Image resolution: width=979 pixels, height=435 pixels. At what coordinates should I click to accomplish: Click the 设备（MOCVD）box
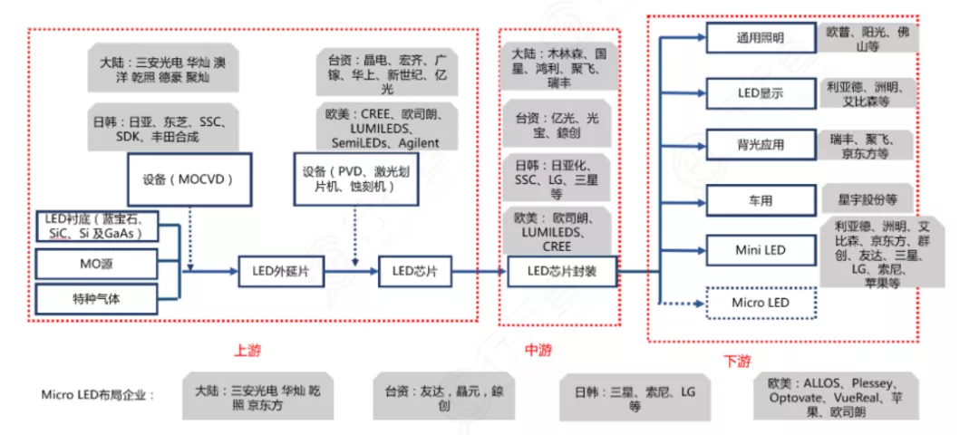pos(188,179)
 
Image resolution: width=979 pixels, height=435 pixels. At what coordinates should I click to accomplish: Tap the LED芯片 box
pos(413,270)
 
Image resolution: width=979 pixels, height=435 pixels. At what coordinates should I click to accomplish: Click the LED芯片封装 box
pos(560,270)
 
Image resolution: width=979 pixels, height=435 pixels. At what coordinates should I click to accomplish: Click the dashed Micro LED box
pos(760,303)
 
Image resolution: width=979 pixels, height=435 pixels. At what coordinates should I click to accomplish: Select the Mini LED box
pos(760,250)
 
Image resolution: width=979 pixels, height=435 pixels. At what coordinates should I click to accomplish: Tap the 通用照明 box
pos(760,38)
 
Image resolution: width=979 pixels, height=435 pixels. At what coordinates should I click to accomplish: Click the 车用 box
pos(760,198)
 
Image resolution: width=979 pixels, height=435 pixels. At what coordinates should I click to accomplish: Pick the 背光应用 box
pos(760,145)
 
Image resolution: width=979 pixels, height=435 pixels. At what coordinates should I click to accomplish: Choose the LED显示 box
pos(760,92)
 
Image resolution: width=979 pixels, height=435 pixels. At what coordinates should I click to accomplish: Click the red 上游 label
pos(247,351)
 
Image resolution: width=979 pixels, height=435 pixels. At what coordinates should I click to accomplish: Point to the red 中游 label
pos(538,350)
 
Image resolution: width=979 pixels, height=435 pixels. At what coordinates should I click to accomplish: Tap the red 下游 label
pos(737,361)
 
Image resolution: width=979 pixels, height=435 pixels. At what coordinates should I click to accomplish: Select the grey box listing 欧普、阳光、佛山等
pos(868,38)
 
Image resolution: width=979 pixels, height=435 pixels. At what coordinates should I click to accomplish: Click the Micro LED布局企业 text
pos(98,395)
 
